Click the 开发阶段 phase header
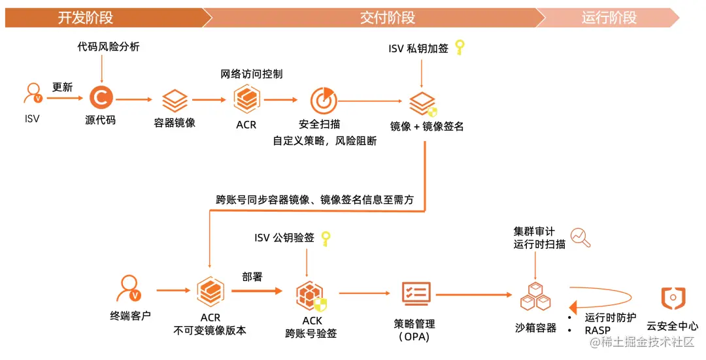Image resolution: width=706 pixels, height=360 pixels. click(85, 18)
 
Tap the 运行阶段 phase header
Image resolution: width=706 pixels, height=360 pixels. click(609, 18)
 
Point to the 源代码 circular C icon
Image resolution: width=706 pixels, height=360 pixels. click(101, 99)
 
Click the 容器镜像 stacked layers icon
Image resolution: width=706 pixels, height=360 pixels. click(175, 101)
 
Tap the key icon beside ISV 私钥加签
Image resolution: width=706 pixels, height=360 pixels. click(460, 47)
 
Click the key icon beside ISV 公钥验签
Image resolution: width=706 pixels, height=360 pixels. click(325, 238)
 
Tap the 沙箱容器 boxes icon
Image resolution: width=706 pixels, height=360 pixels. click(535, 297)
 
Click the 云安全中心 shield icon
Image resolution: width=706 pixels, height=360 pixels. click(673, 297)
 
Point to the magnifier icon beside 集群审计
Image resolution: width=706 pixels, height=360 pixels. click(580, 238)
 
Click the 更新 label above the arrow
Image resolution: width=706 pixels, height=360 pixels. click(63, 87)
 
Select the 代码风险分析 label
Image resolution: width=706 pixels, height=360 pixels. click(109, 47)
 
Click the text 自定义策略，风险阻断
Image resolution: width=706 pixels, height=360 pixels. click(324, 140)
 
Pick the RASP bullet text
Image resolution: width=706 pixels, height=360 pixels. click(597, 331)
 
